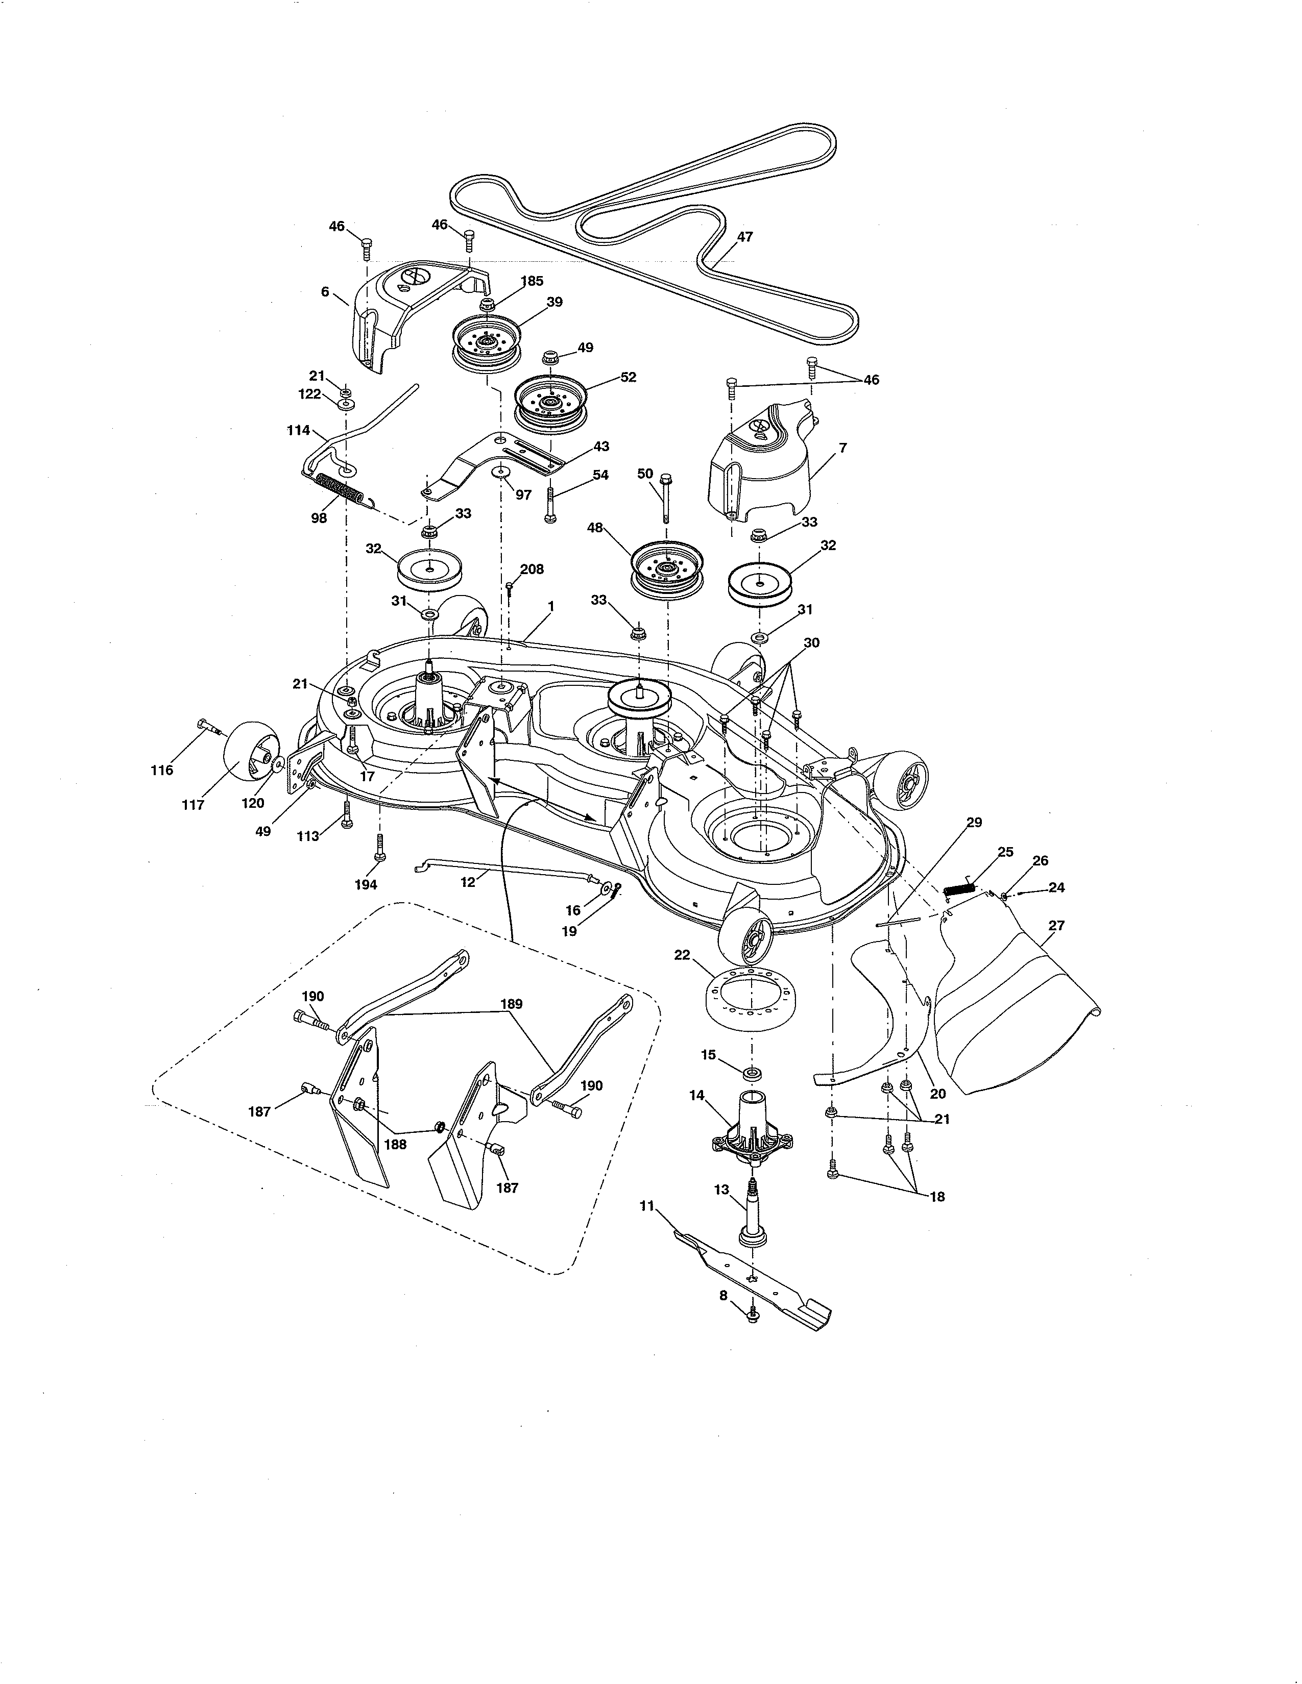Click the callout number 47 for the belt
click(x=744, y=237)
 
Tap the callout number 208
click(x=532, y=569)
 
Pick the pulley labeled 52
click(x=551, y=403)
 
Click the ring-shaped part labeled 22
click(x=746, y=999)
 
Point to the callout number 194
click(x=366, y=884)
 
